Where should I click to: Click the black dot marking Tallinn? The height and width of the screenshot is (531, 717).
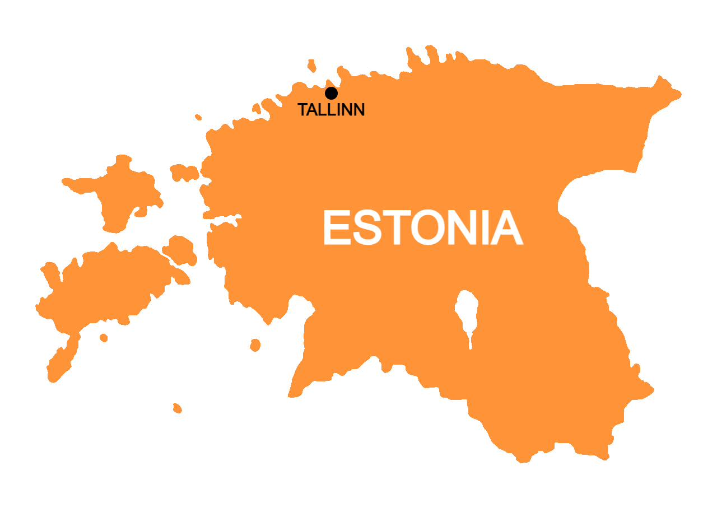tap(331, 93)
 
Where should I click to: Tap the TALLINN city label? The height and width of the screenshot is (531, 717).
tap(331, 110)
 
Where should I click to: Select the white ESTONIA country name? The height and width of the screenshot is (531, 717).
tap(422, 229)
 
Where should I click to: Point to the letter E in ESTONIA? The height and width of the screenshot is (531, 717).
tap(336, 229)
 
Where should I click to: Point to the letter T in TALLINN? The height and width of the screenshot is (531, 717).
tap(303, 110)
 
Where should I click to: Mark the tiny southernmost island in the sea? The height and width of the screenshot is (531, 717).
tap(177, 408)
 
